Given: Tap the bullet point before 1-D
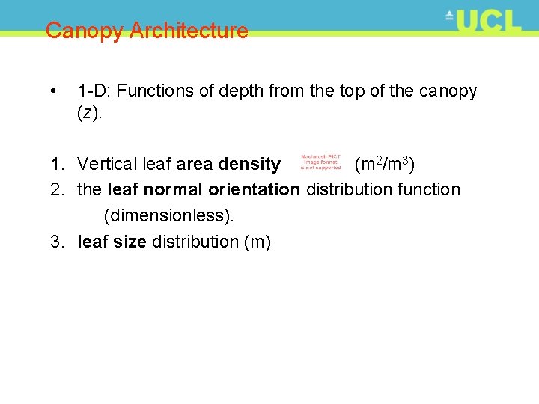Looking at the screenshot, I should (52, 91).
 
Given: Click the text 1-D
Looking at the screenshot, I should (94, 91).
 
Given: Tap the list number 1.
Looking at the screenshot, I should (57, 164).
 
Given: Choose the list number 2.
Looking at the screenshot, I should (57, 189).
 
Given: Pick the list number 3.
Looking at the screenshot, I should (57, 242).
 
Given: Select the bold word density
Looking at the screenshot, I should (249, 164).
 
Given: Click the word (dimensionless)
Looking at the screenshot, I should (169, 215).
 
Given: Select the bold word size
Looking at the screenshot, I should (130, 242).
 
